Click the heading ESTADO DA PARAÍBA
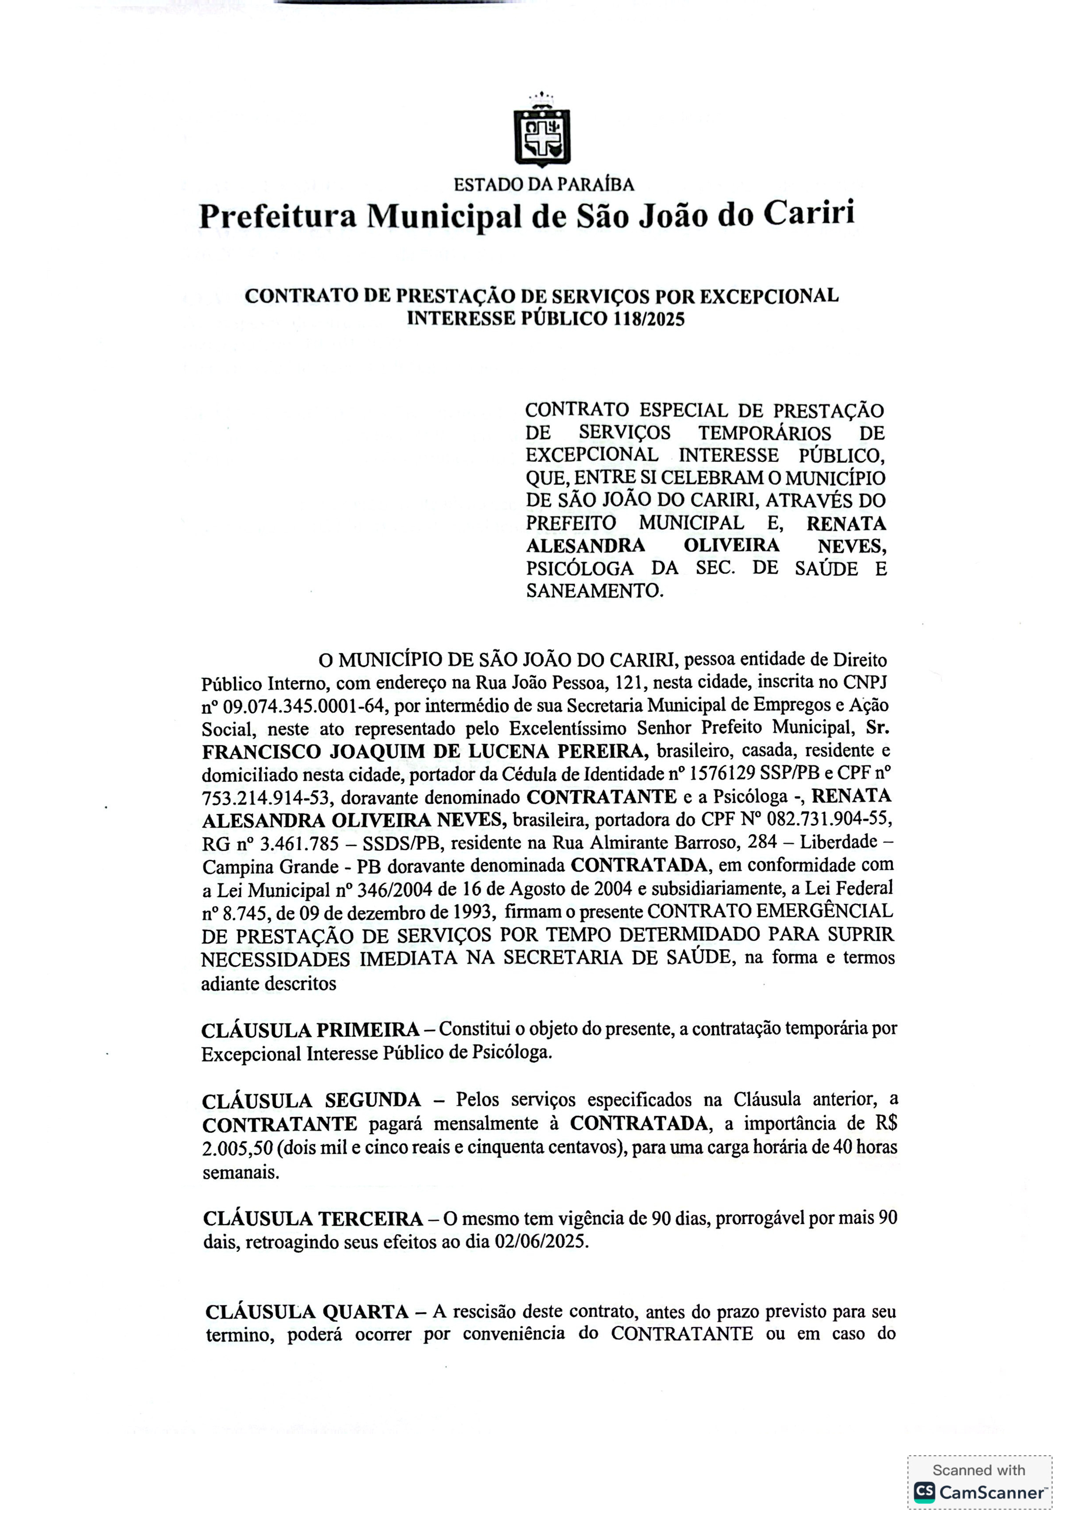click(544, 184)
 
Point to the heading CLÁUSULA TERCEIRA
click(313, 1219)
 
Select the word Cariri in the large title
click(809, 213)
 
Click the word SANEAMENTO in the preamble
click(593, 590)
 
